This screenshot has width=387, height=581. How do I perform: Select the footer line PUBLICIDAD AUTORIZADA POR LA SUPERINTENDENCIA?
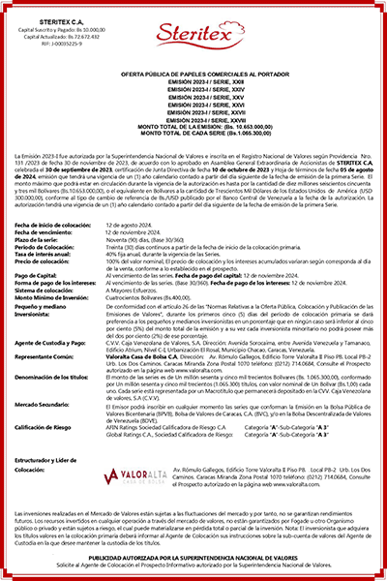coord(193,559)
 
